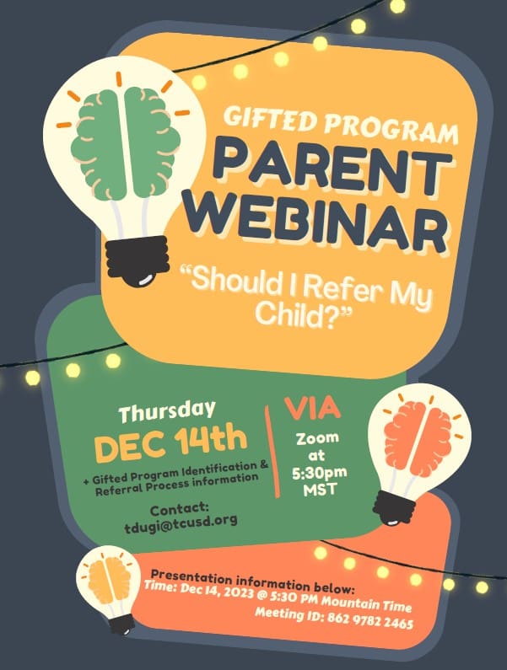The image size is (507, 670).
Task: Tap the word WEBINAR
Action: point(317,222)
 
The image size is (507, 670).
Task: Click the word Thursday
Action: point(167,411)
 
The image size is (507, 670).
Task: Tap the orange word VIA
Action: point(313,408)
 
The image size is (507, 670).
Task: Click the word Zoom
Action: point(317,438)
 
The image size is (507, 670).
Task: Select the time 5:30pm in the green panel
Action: point(319,473)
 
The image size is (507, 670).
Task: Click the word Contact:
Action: point(180,508)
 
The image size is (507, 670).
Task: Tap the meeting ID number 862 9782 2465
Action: point(370,619)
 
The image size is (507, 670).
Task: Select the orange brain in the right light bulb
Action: point(418,439)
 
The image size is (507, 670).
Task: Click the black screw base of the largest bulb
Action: point(138,260)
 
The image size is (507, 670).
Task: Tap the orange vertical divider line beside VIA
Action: point(272,452)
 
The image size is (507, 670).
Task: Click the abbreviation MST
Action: point(321,490)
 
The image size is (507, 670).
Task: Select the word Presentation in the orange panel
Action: point(192,576)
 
